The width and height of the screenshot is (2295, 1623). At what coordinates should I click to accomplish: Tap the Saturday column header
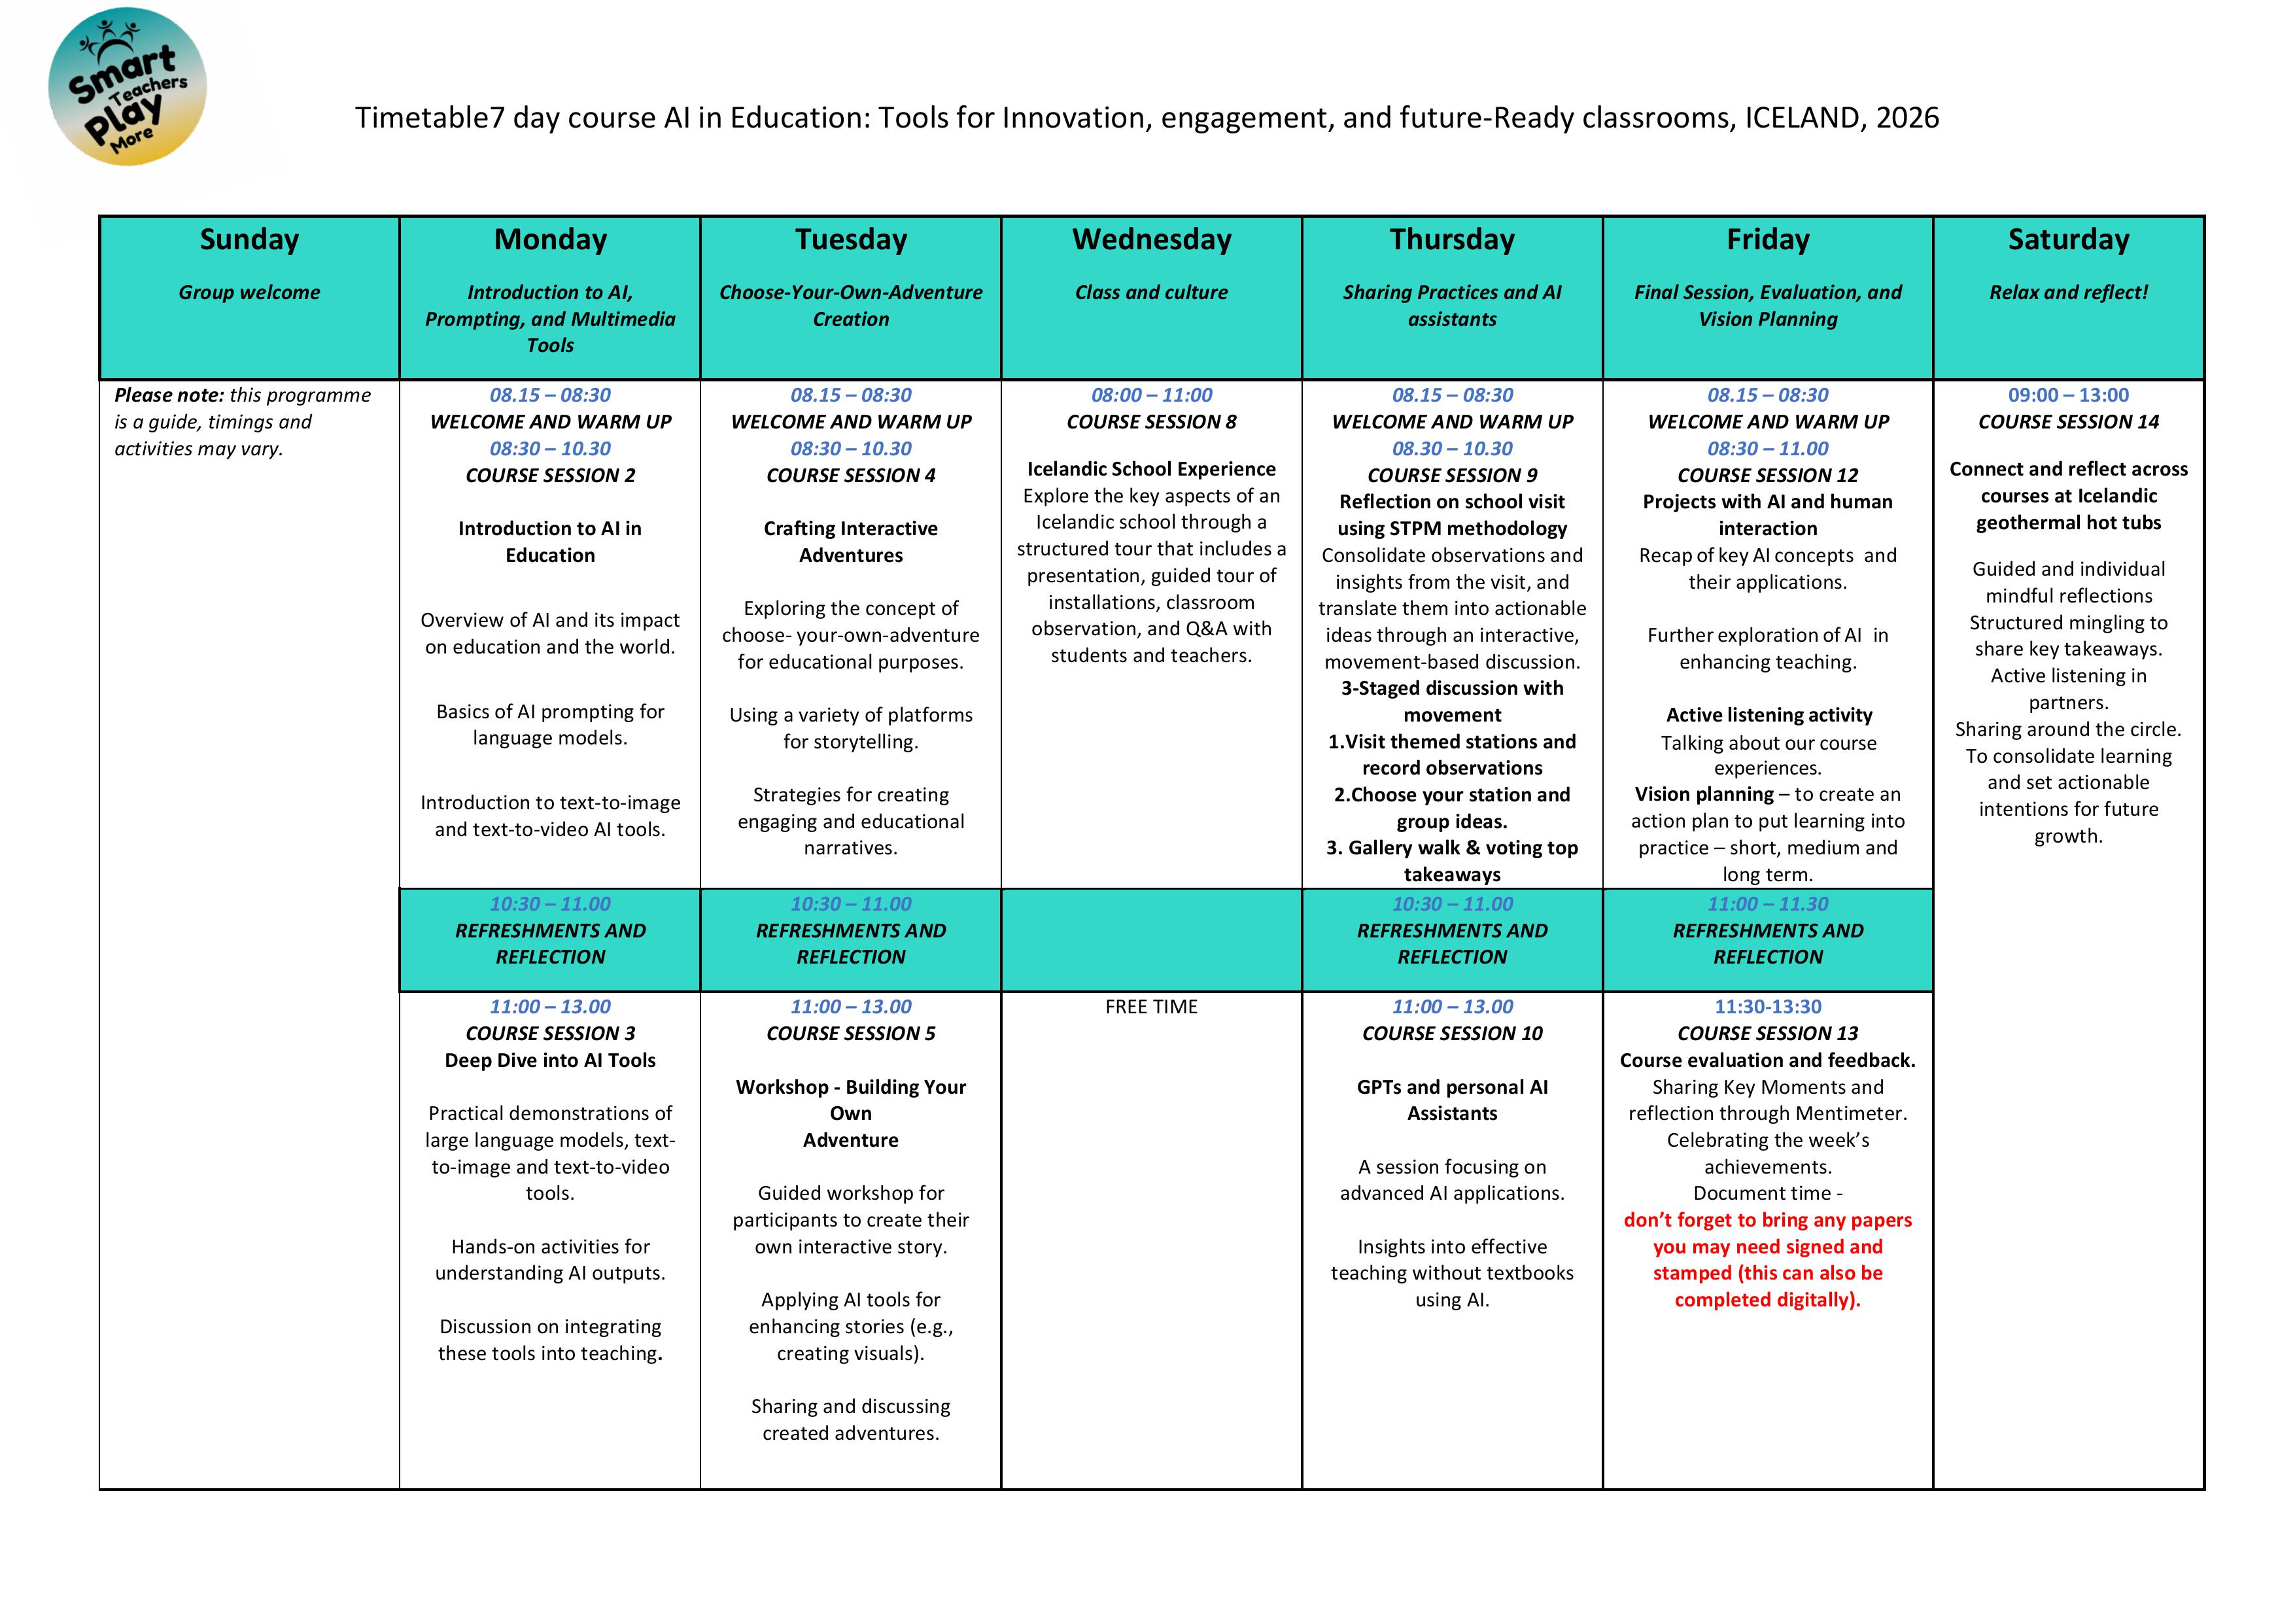[2068, 240]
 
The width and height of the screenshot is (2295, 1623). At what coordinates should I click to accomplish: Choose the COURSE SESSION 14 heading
[2068, 422]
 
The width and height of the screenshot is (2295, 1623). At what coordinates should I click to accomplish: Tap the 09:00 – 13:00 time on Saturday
[2068, 395]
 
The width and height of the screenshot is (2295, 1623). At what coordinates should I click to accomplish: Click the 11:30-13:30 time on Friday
[1767, 1007]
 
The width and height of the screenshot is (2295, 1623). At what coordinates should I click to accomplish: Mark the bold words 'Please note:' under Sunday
[169, 395]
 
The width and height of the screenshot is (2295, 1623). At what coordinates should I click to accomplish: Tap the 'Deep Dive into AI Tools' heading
[550, 1060]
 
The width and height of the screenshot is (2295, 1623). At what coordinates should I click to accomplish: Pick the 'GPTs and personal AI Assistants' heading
[1451, 1100]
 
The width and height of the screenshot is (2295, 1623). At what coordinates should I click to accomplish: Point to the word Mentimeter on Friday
[1849, 1113]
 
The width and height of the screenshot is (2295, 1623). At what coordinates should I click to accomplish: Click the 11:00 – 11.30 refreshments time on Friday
[1767, 904]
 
